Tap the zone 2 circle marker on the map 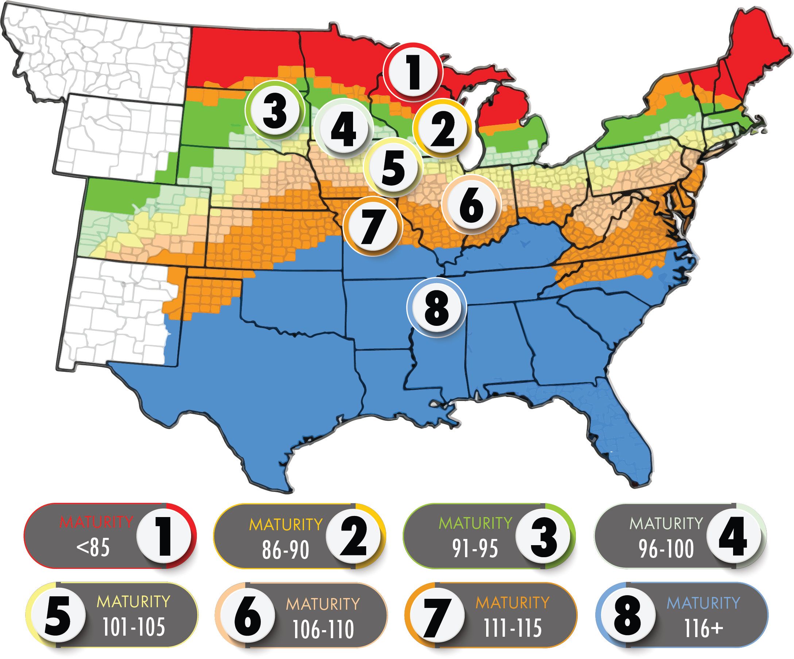[442, 130]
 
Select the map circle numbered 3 [275, 110]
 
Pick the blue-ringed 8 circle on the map [436, 308]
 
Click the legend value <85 [93, 547]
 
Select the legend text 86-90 [286, 550]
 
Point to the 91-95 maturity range [475, 548]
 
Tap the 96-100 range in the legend [666, 549]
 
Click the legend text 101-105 [134, 627]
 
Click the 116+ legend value [703, 628]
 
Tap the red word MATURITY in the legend [96, 523]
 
